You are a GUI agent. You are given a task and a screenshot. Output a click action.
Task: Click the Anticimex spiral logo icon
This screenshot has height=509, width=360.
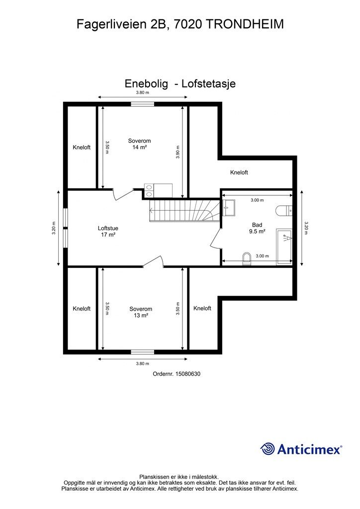click(268, 449)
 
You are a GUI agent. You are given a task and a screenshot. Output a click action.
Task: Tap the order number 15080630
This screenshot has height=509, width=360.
click(191, 374)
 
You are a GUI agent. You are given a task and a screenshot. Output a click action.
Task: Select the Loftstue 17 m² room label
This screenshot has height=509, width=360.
click(108, 232)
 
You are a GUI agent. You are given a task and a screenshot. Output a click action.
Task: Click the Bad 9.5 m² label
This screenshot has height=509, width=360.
click(257, 228)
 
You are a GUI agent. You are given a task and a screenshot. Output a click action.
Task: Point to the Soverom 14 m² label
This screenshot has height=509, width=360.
click(139, 144)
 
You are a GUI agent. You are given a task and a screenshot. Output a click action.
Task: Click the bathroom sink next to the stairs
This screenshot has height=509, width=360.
click(229, 208)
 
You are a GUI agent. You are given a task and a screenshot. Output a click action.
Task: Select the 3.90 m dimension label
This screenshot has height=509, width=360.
click(178, 151)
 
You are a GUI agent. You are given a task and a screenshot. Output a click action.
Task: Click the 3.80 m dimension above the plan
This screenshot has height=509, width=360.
click(143, 93)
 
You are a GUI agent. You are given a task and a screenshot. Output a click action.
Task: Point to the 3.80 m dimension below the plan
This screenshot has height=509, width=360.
click(143, 363)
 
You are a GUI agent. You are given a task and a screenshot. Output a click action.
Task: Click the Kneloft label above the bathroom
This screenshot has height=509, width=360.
click(239, 172)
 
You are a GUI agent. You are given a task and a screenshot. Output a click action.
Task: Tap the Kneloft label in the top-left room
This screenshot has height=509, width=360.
click(82, 147)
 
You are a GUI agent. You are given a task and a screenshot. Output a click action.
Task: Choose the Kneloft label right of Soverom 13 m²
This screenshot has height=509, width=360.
click(202, 308)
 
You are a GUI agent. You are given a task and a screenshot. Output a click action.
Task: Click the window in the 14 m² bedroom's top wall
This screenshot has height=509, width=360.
click(143, 103)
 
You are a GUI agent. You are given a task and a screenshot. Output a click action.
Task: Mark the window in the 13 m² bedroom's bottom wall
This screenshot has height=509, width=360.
click(143, 352)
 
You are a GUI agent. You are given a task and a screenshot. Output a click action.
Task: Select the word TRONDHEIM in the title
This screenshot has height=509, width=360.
click(245, 24)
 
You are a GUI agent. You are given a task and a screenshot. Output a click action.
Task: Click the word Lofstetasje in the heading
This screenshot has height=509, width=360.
click(208, 84)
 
